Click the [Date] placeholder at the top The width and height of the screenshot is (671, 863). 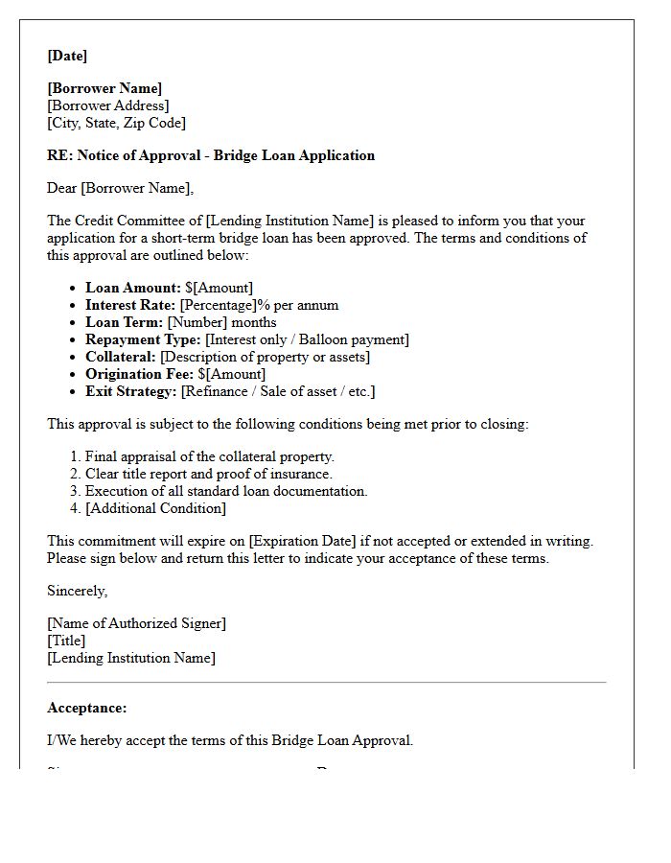[x=67, y=56]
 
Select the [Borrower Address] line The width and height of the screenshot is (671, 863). [x=107, y=105]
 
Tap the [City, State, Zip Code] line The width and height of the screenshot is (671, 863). [x=116, y=123]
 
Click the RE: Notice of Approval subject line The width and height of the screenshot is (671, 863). [x=211, y=155]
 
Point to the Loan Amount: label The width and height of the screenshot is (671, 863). [x=132, y=288]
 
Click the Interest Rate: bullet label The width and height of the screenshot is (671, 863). [x=130, y=305]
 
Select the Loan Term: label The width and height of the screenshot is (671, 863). [x=125, y=322]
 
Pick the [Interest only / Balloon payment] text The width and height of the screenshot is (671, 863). [x=307, y=339]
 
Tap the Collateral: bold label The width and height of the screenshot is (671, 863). [x=121, y=357]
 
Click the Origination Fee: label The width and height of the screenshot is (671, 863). [x=140, y=374]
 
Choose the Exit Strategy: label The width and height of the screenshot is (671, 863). [x=129, y=391]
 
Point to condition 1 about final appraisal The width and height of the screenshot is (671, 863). [x=209, y=456]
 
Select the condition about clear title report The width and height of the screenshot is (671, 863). [x=208, y=474]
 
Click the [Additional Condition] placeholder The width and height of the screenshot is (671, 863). [x=155, y=508]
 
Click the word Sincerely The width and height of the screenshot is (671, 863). [x=78, y=591]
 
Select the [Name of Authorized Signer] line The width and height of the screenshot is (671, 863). [x=136, y=623]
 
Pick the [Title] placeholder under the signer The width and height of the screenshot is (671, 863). [x=66, y=641]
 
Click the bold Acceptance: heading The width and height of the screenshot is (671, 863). [x=87, y=708]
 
